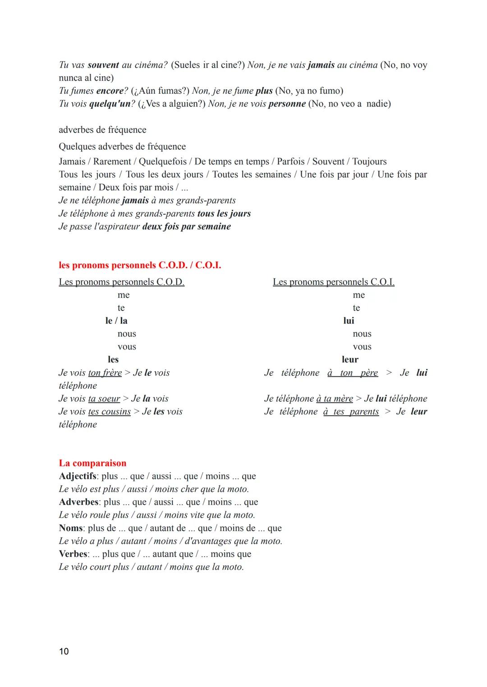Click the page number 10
tap(64, 651)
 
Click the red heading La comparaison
tap(92, 463)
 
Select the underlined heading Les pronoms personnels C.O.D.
tap(122, 282)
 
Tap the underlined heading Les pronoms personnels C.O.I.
tap(334, 282)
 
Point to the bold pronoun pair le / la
tap(116, 321)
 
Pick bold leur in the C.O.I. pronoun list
tap(350, 359)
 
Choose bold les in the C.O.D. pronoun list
tap(113, 359)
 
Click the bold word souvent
tap(103, 65)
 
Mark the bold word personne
tap(287, 104)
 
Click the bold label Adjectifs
tap(78, 476)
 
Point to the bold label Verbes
tap(73, 554)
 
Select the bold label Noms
tap(71, 528)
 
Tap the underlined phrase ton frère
tap(105, 373)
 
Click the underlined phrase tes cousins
tap(110, 412)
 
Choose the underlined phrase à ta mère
tap(335, 399)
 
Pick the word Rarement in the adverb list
tap(112, 162)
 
